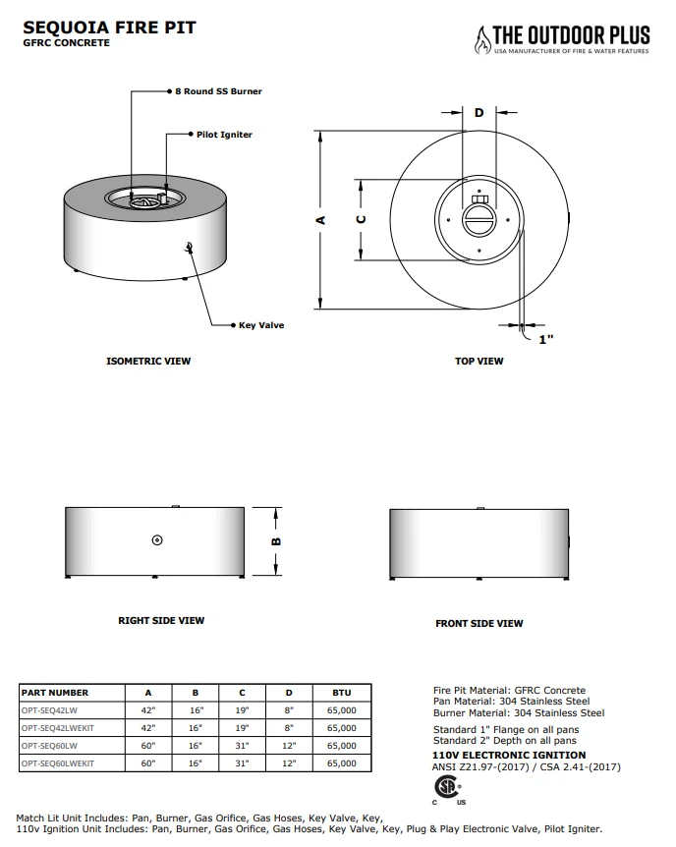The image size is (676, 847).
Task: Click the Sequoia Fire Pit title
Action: coord(109,28)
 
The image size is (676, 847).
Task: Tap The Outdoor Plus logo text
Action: coord(571,35)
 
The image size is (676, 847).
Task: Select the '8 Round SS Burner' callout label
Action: coord(218,91)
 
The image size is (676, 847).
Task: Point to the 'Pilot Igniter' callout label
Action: coord(224,135)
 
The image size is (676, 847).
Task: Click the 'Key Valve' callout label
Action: coord(261,325)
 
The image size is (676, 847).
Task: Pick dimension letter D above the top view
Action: coord(479,113)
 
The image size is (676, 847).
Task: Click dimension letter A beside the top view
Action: coord(320,220)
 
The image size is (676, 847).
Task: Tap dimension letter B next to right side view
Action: coord(276,541)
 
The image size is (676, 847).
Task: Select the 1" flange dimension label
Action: coord(545,339)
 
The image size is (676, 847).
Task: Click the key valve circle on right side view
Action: coord(157,539)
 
